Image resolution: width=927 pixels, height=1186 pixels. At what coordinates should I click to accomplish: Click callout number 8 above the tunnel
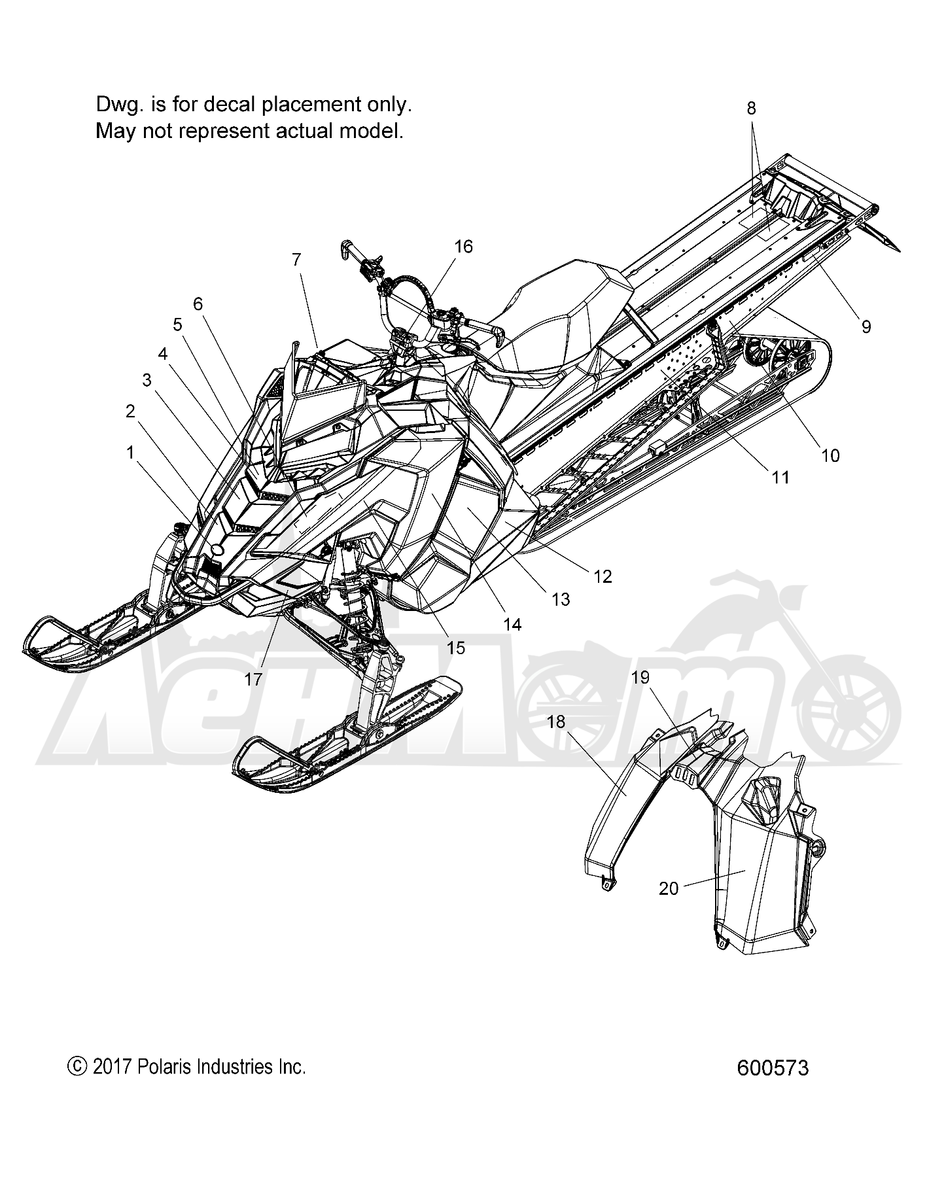tap(751, 108)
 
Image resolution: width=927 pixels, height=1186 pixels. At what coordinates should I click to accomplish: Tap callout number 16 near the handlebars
tap(463, 246)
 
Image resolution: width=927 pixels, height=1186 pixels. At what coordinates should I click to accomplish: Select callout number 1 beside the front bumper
tap(130, 452)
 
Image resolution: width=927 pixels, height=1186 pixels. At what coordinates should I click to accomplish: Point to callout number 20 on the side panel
tap(668, 888)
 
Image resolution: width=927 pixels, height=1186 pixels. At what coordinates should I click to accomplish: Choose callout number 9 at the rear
tap(866, 326)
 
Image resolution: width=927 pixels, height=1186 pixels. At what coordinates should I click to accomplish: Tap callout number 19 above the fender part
tap(640, 677)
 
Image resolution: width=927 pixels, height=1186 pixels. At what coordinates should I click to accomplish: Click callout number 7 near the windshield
tap(296, 260)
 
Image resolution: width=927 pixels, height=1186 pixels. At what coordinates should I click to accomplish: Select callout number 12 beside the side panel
tap(602, 576)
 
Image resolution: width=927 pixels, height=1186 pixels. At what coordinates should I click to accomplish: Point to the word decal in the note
tap(232, 104)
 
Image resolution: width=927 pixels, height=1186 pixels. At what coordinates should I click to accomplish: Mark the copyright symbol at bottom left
tap(77, 1067)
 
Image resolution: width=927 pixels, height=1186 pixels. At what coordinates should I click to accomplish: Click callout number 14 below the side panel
tap(513, 625)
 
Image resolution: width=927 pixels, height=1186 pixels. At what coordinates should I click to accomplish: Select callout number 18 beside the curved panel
tap(555, 722)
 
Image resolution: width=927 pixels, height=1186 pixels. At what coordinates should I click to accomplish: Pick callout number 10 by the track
tap(830, 455)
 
